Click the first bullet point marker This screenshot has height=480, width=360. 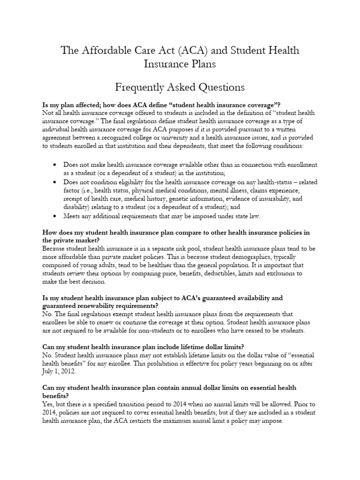coord(55,165)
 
